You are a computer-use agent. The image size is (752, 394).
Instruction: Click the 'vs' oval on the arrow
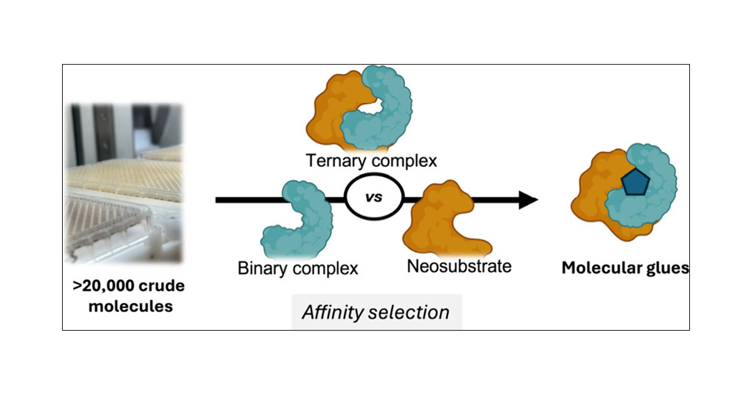[374, 200]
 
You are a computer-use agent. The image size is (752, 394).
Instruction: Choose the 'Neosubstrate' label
[459, 266]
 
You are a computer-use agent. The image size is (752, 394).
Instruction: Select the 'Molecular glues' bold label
[625, 269]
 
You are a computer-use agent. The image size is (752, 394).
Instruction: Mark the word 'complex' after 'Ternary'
[405, 161]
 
